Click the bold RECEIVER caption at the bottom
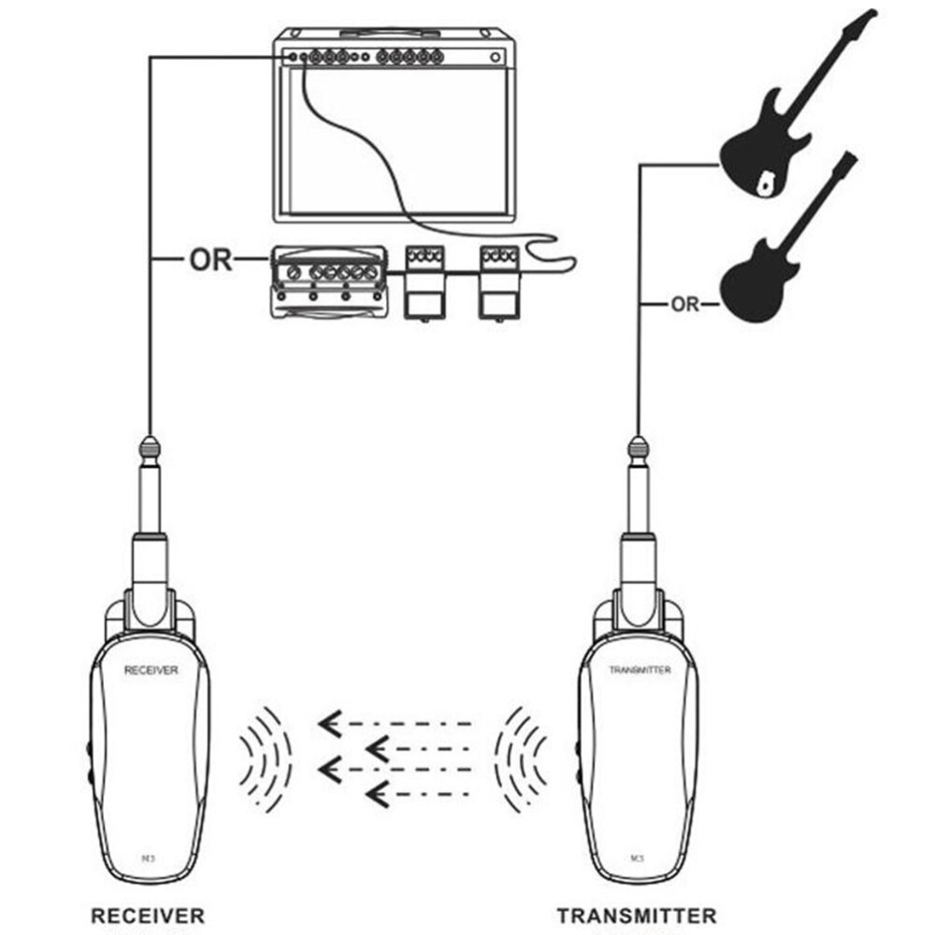(x=147, y=915)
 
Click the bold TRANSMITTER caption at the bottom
(x=637, y=915)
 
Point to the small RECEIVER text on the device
(x=151, y=669)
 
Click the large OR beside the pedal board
(x=210, y=259)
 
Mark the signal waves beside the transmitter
(x=520, y=757)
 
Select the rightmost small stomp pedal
(x=496, y=280)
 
